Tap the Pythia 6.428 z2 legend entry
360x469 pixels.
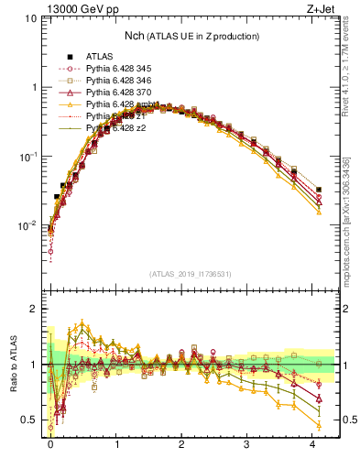pos(117,128)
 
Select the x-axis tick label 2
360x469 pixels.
pos(181,444)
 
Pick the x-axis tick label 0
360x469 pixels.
pos(50,444)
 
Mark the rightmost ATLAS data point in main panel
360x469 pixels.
pos(319,190)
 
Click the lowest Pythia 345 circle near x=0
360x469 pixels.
pos(50,251)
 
